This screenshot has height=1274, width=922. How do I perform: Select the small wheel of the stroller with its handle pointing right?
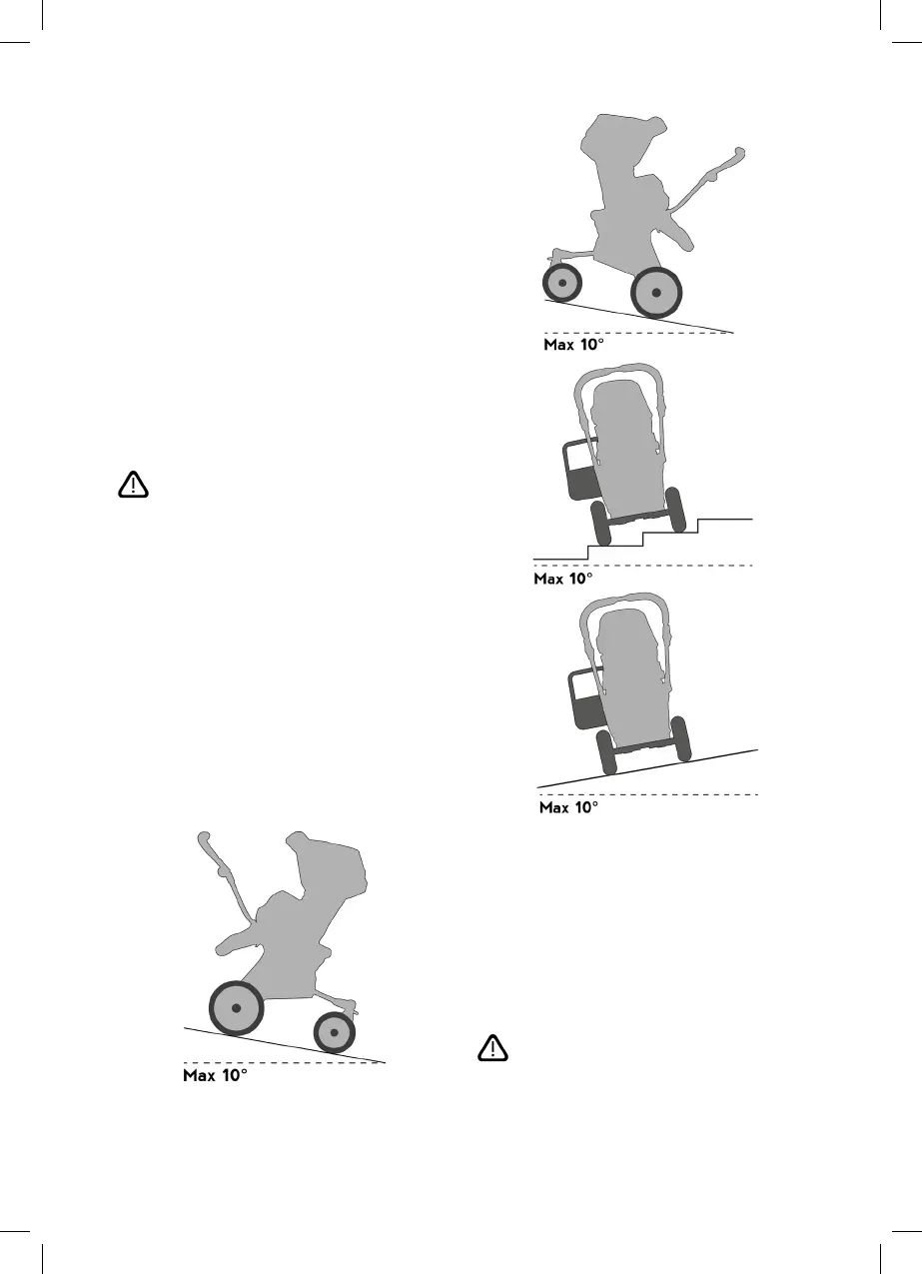click(563, 284)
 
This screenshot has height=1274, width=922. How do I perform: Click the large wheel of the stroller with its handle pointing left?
click(236, 1008)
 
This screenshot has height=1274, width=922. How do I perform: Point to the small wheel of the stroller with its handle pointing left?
click(336, 1031)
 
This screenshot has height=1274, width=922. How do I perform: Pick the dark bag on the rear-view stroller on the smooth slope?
click(585, 698)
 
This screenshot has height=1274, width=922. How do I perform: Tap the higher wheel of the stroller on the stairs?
click(674, 509)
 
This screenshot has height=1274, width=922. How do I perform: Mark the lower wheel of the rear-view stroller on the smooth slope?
click(606, 751)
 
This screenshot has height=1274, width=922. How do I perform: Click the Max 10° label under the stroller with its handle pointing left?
click(214, 1076)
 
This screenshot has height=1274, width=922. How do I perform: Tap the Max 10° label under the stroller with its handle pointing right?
click(573, 344)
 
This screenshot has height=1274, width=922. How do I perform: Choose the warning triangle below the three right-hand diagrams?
click(491, 1048)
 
